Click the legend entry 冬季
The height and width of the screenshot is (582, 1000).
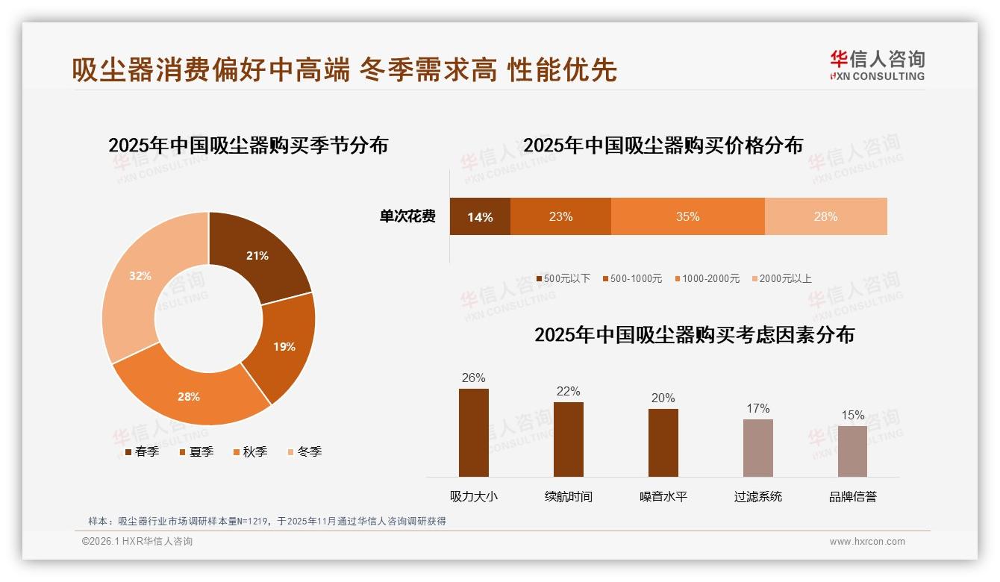[x=304, y=451]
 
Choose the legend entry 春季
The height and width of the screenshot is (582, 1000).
[x=141, y=451]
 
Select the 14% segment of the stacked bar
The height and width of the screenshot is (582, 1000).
[x=480, y=217]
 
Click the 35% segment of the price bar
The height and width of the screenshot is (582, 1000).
[x=687, y=217]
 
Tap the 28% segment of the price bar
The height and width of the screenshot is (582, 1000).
[x=825, y=217]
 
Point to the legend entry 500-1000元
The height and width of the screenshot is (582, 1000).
[x=631, y=278]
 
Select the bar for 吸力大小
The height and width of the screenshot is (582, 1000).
[x=473, y=433]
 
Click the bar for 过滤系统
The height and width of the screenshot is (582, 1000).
[x=757, y=448]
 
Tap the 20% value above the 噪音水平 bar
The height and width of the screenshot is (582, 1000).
[x=663, y=398]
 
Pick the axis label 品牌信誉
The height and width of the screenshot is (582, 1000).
[x=852, y=496]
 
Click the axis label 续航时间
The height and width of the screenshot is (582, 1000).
[x=568, y=496]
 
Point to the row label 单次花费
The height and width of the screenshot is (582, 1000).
[x=407, y=217]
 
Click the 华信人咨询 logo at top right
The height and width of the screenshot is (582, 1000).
[x=877, y=65]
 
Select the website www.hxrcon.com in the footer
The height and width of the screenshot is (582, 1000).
[x=867, y=542]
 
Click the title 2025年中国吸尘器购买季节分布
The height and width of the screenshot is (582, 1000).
[x=248, y=145]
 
